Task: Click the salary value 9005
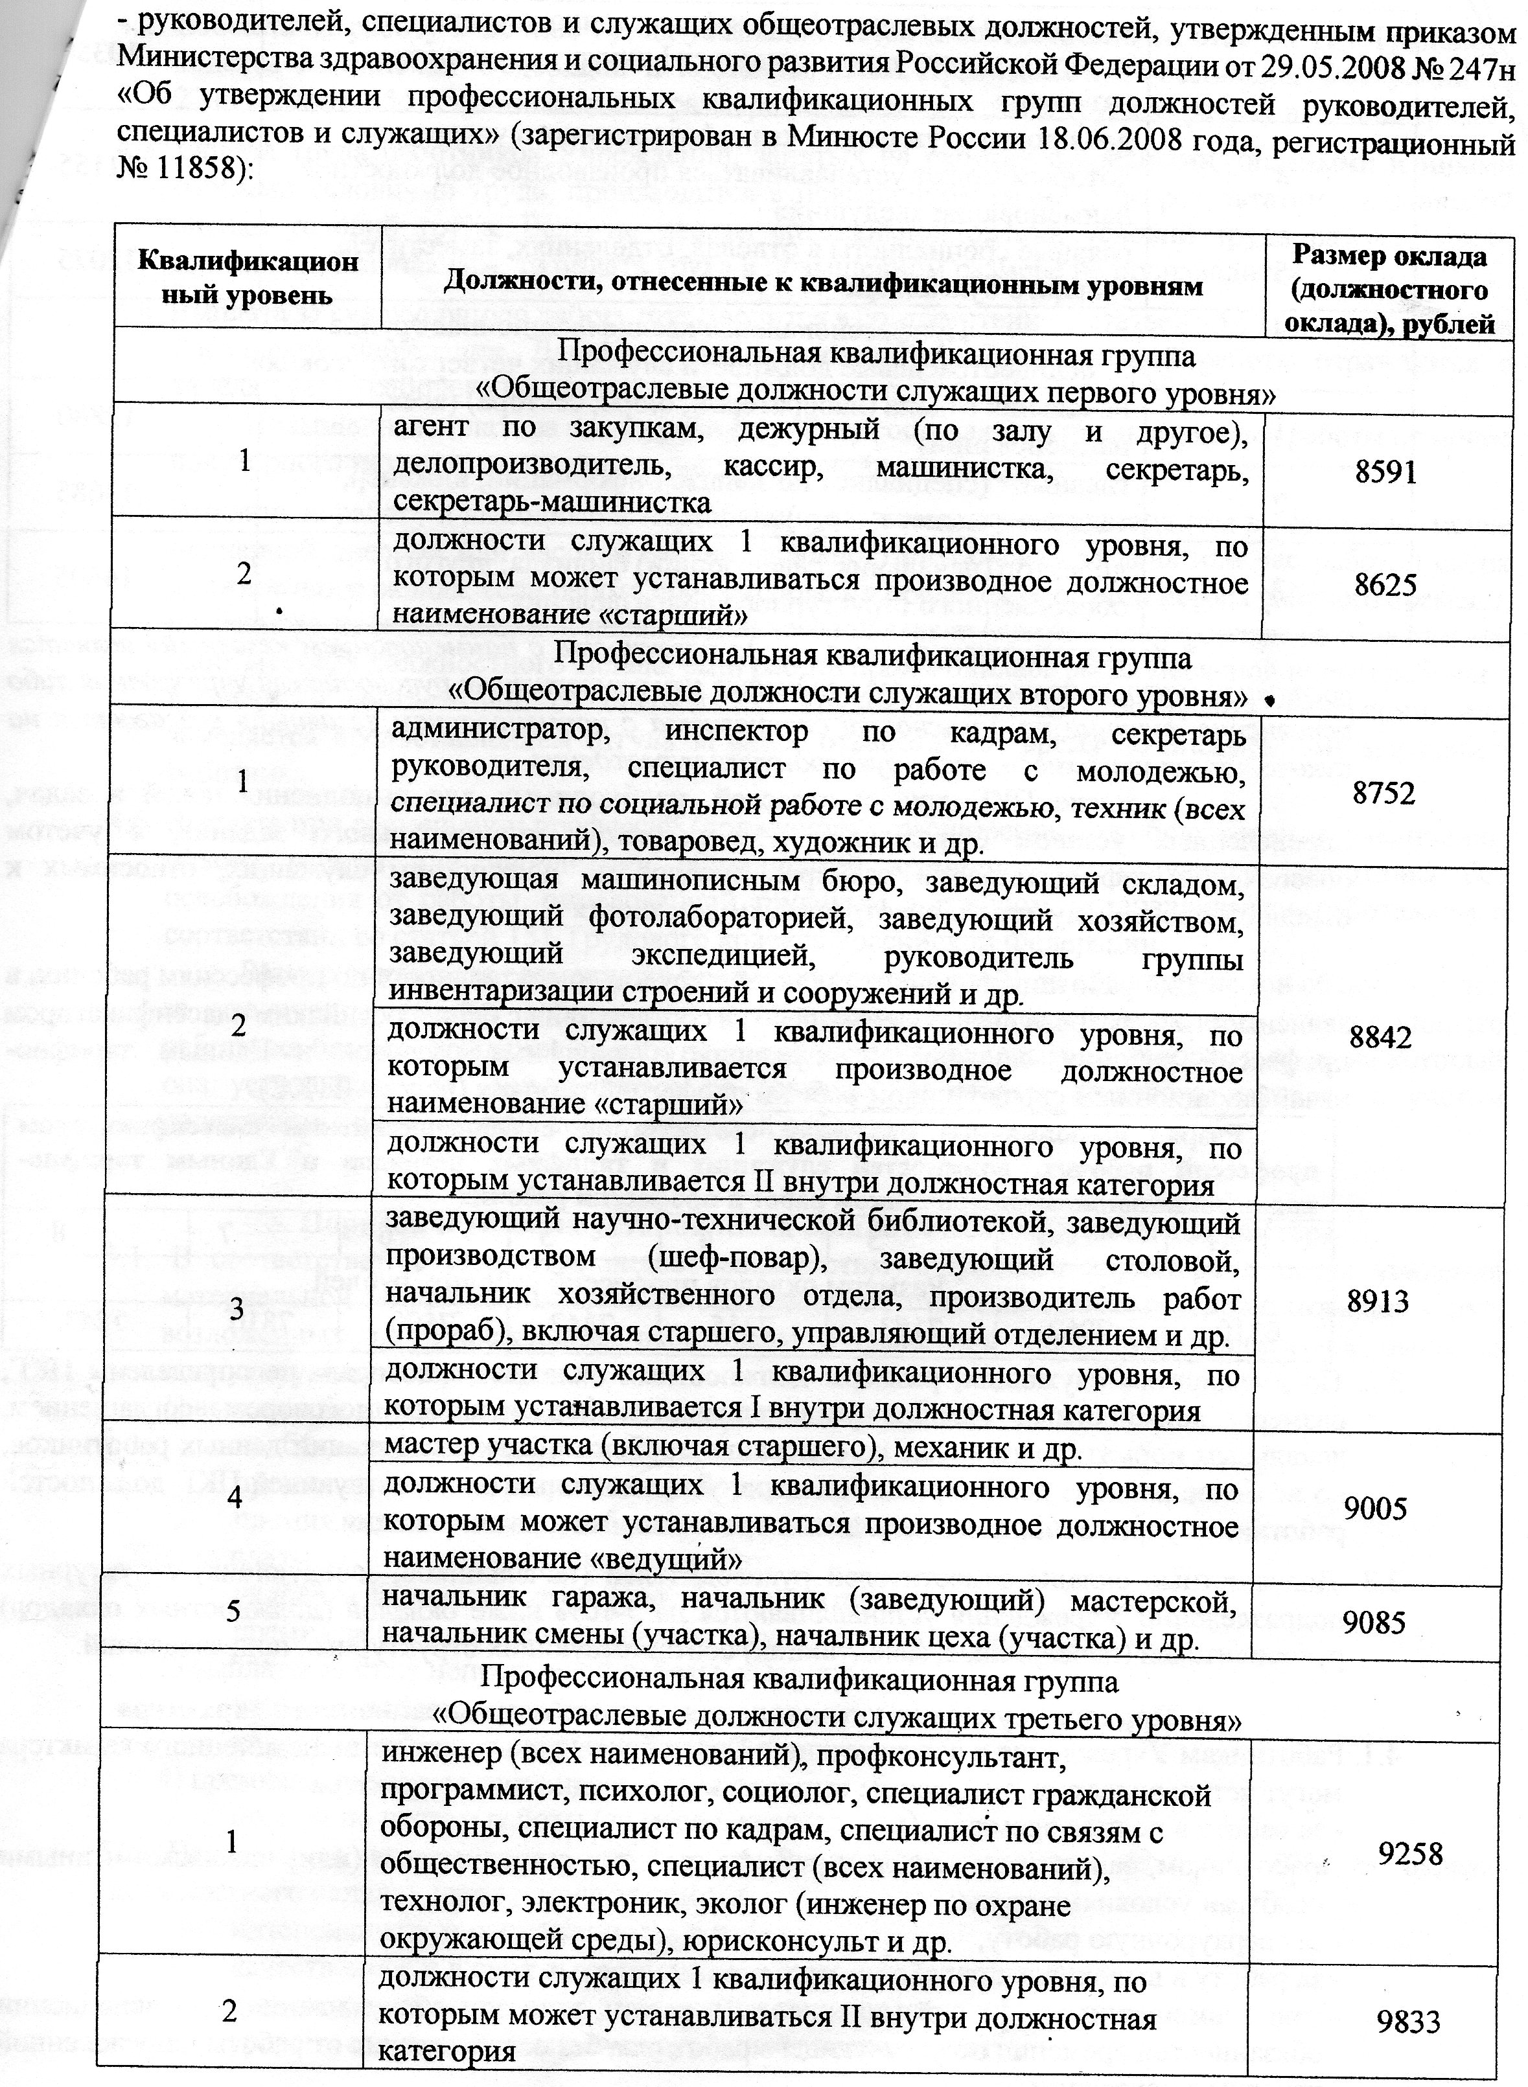[x=1375, y=1509]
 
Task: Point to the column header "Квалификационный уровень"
[x=248, y=277]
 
